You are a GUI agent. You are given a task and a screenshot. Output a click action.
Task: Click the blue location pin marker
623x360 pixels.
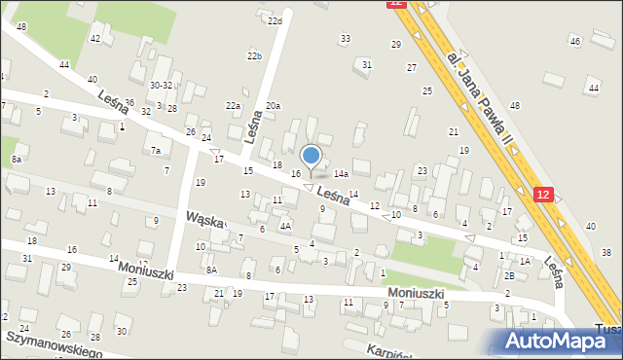coord(311,157)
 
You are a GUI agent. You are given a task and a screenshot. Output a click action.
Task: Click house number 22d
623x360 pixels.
coord(275,20)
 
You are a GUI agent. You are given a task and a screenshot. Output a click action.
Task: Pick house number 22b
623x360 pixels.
coord(254,56)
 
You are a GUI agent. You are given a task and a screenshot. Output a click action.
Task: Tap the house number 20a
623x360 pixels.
coord(273,105)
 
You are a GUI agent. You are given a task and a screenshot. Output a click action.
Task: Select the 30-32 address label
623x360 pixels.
coord(161,85)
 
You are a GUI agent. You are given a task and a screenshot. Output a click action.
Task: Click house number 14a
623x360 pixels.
coord(341,173)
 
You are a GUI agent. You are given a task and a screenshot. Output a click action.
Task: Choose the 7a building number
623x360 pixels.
coord(155,150)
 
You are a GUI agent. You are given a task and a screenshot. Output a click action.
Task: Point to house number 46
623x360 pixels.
coord(575,41)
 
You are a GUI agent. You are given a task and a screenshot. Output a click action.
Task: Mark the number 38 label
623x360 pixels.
coord(605,252)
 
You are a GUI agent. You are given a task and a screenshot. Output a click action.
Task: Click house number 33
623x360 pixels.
coord(345,38)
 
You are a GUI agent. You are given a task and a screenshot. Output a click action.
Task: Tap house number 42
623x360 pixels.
coord(94,38)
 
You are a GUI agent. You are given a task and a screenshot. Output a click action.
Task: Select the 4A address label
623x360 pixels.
coord(285,226)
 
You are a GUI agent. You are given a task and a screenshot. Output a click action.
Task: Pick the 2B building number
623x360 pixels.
coord(509,276)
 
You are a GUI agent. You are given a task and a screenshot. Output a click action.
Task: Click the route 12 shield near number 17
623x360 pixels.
coord(543,195)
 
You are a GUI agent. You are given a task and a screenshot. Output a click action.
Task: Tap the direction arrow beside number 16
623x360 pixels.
coord(309,187)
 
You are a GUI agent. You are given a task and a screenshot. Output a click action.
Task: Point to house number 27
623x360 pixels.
coord(412,67)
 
